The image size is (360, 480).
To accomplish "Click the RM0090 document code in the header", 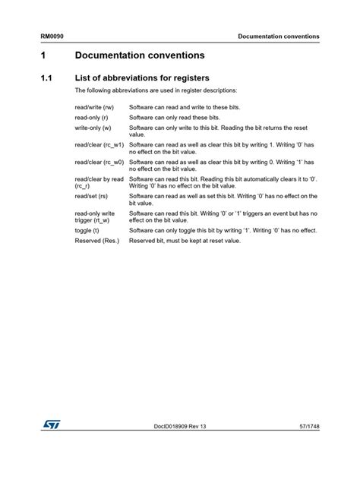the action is click(52, 36).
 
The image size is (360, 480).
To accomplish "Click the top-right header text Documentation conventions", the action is click(278, 36).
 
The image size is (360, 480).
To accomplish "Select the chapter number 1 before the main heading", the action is click(44, 56).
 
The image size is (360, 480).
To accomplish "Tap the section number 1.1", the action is click(46, 77).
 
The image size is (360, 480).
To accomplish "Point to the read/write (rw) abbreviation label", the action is click(95, 108).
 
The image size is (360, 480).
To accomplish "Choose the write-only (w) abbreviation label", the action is click(93, 129).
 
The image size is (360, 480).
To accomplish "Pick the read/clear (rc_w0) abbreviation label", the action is click(99, 162).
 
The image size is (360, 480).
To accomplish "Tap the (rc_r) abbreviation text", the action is click(83, 185).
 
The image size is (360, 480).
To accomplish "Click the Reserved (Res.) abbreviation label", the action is click(97, 240).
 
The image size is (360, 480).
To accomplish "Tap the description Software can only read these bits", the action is click(174, 118).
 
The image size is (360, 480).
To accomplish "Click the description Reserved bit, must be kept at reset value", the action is click(185, 240).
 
